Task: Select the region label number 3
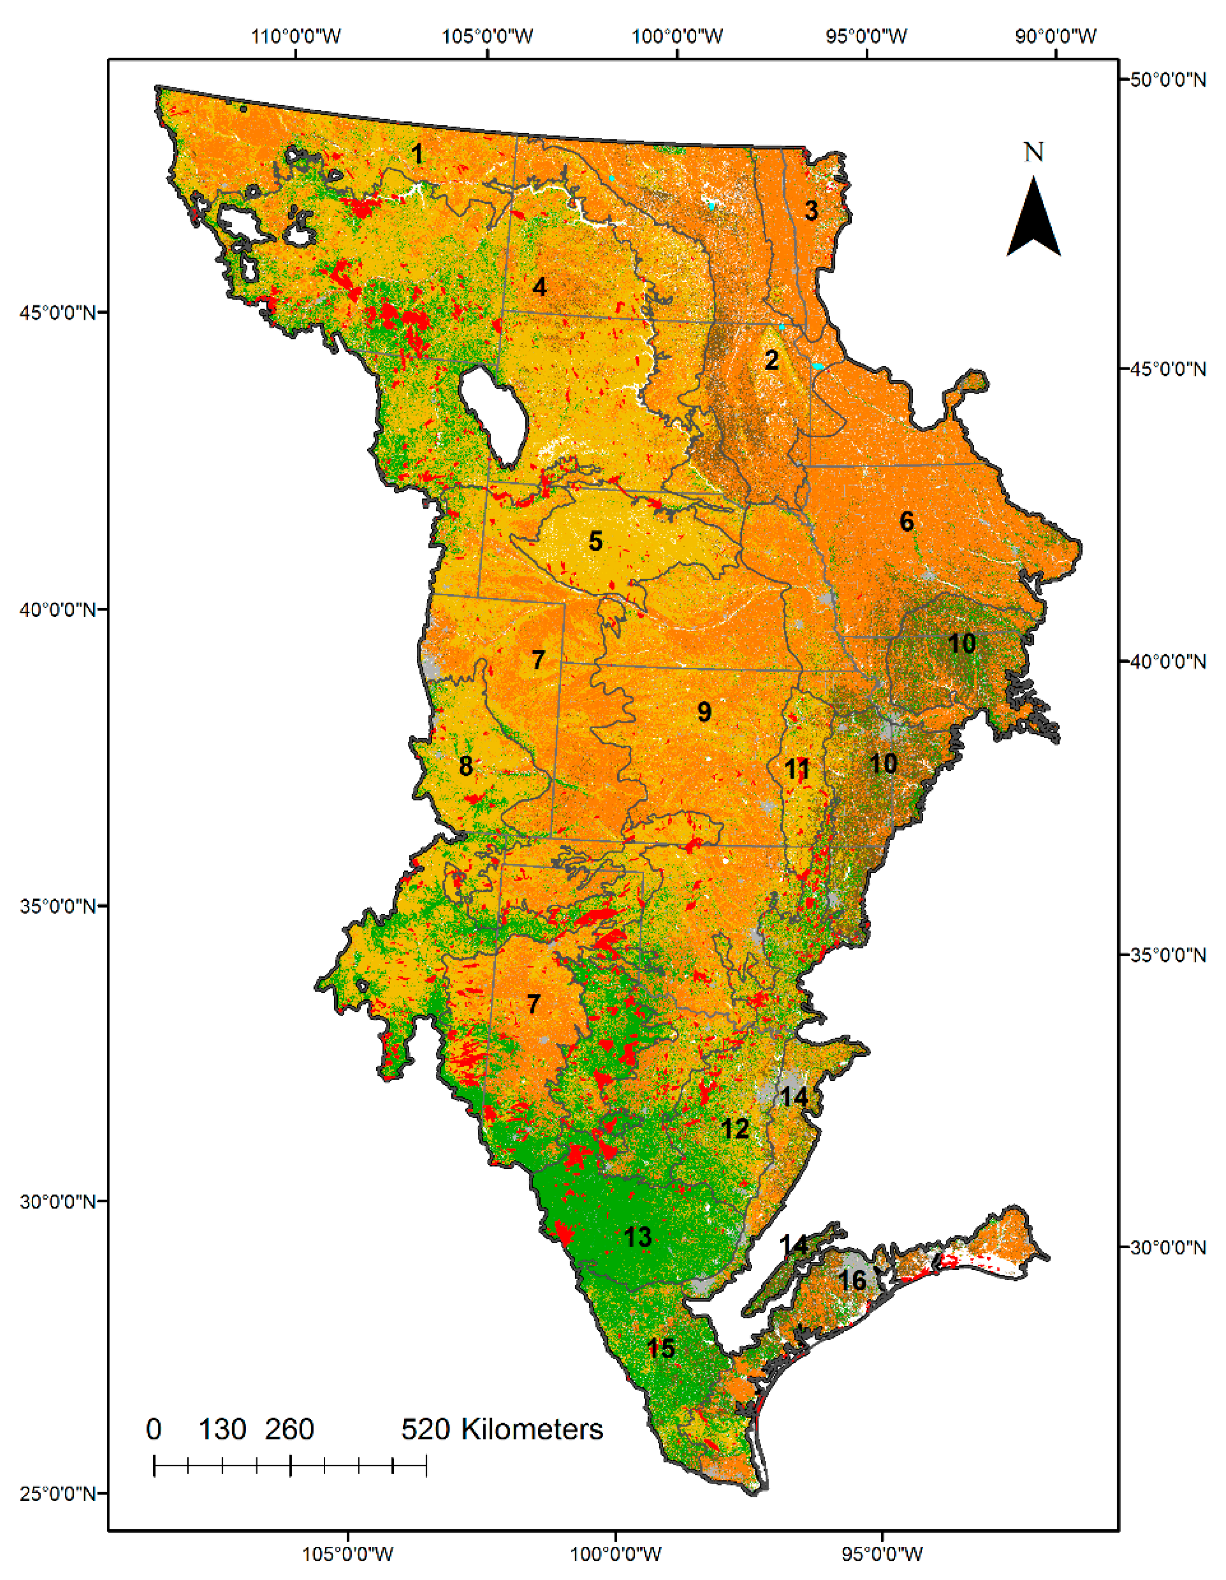(812, 211)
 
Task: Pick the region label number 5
(595, 541)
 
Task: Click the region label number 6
(906, 521)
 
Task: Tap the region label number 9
(704, 712)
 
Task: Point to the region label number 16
(852, 1280)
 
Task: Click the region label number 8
(466, 766)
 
